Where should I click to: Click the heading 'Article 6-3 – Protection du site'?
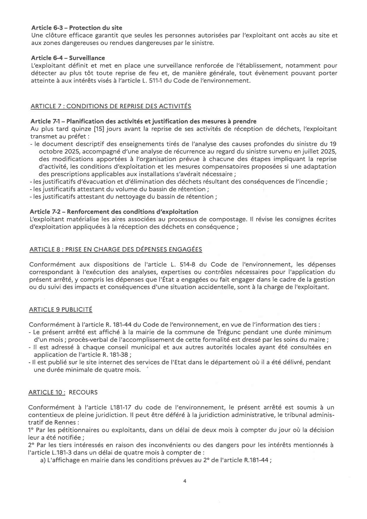click(77, 28)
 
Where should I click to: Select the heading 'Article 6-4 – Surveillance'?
click(68, 58)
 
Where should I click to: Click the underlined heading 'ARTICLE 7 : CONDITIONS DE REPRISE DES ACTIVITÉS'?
click(111, 106)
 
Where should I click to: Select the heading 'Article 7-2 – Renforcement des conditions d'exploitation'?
click(114, 212)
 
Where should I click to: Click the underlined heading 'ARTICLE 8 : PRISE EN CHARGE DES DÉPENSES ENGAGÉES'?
click(115, 249)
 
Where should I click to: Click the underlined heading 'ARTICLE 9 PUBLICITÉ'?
click(60, 310)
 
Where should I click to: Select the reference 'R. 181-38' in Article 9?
click(115, 355)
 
